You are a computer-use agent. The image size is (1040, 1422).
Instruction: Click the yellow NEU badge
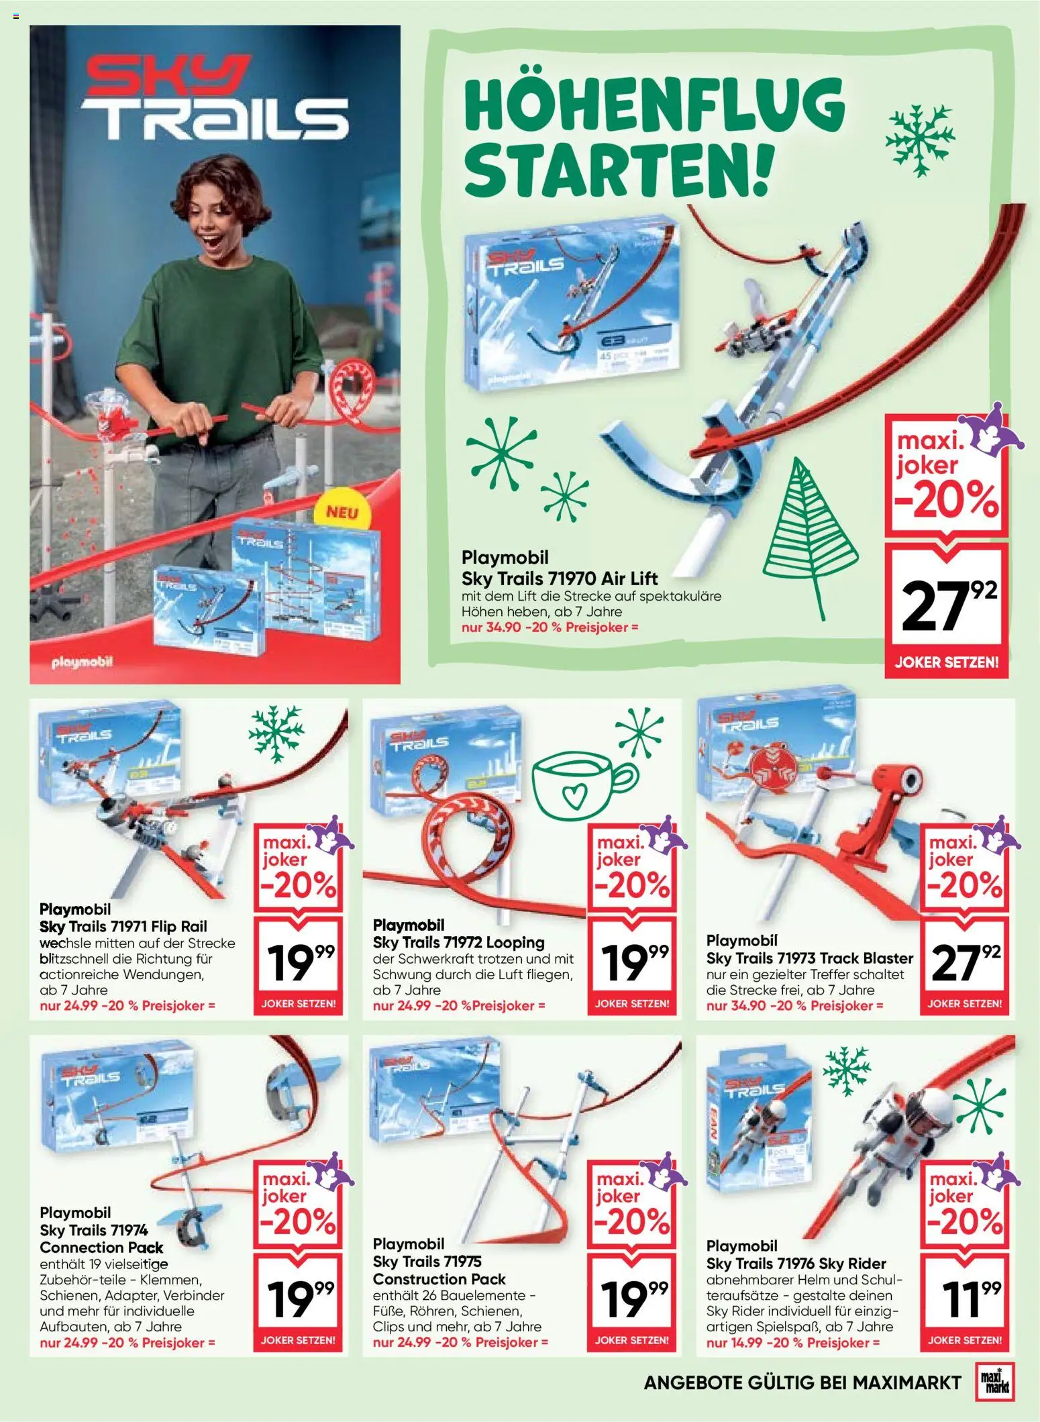click(342, 513)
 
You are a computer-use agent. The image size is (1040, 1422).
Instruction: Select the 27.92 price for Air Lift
click(946, 606)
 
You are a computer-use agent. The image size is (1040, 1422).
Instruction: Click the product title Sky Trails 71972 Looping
click(458, 942)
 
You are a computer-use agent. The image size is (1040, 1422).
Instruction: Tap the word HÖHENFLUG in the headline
click(654, 109)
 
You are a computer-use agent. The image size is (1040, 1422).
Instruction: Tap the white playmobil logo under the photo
click(83, 662)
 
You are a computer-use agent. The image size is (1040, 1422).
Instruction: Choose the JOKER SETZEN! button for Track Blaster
click(964, 1004)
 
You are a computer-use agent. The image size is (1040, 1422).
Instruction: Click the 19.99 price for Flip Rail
click(298, 962)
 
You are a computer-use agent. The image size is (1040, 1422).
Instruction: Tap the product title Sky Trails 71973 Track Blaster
click(809, 958)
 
